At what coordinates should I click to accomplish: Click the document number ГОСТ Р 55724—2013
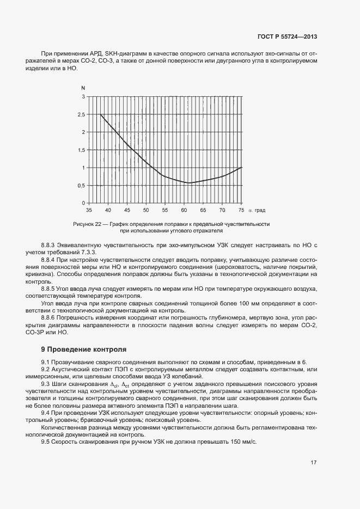[x=286, y=37]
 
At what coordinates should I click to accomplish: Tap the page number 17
[x=314, y=463]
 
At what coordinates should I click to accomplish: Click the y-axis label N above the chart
[x=83, y=88]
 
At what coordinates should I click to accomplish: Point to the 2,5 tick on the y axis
[x=81, y=114]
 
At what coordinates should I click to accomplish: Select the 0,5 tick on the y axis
[x=81, y=186]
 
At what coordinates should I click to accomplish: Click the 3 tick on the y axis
[x=83, y=96]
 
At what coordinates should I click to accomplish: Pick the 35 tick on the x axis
[x=89, y=210]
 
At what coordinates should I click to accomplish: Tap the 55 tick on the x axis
[x=165, y=210]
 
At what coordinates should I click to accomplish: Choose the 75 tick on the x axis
[x=241, y=210]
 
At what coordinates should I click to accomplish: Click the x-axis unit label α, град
[x=257, y=210]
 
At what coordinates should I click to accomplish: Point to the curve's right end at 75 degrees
[x=241, y=168]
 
